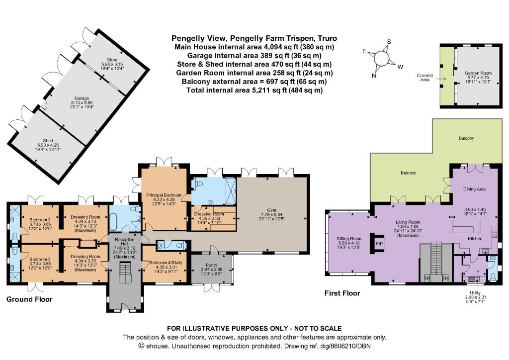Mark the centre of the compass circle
coord(381,59)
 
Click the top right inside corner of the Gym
coord(306,177)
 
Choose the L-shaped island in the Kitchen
coord(466,227)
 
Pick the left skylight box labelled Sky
coord(427,278)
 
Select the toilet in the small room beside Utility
coord(493,276)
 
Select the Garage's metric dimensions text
coord(82,102)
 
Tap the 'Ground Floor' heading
coord(29,299)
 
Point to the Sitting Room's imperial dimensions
coord(349,247)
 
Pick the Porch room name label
coord(211,265)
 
